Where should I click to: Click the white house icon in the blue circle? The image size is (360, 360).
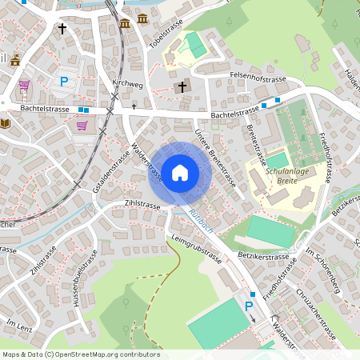pos(179,172)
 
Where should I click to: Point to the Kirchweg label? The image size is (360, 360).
pos(127,83)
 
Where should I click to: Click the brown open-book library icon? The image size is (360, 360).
pos(6,123)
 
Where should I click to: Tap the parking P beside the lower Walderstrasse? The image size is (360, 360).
pos(248,306)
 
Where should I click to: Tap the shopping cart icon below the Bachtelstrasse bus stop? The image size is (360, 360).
pos(82,126)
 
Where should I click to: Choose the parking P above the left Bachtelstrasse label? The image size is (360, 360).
pos(64,82)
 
